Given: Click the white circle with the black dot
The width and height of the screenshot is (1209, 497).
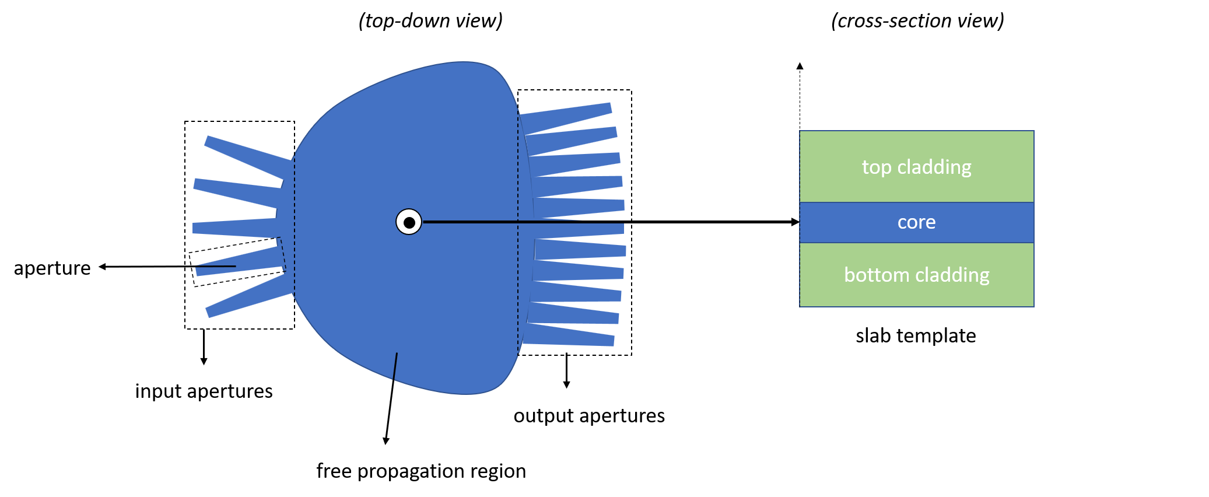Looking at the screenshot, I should [409, 222].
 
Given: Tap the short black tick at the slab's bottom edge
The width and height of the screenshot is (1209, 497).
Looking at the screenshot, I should [395, 366].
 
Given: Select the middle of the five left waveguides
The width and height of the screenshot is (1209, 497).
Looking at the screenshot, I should [233, 228].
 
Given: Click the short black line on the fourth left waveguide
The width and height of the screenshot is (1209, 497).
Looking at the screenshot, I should [216, 267].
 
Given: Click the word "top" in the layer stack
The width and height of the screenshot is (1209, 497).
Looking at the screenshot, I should [877, 167].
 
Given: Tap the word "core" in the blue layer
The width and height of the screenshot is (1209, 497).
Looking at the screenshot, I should [916, 222].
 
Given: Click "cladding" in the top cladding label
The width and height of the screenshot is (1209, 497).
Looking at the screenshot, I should [934, 167].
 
